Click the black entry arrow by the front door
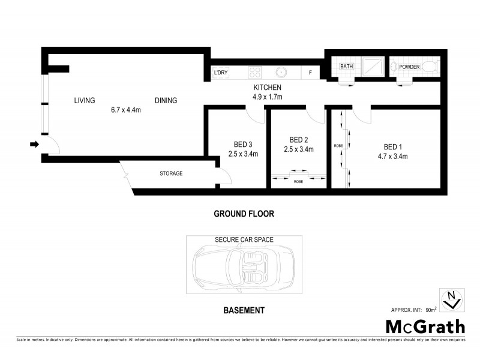pyautogui.click(x=35, y=144)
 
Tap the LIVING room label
pyautogui.click(x=85, y=101)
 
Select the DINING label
pyautogui.click(x=166, y=101)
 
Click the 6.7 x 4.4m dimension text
pyautogui.click(x=126, y=110)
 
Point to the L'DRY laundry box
pyautogui.click(x=221, y=73)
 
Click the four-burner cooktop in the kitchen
pyautogui.click(x=254, y=73)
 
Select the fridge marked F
pyautogui.click(x=310, y=73)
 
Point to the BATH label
pyautogui.click(x=346, y=67)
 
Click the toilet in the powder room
pyautogui.click(x=430, y=67)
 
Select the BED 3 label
pyautogui.click(x=243, y=145)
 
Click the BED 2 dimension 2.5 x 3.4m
pyautogui.click(x=299, y=150)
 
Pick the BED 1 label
pyautogui.click(x=393, y=147)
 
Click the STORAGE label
pyautogui.click(x=171, y=173)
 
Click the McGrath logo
pyautogui.click(x=424, y=327)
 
